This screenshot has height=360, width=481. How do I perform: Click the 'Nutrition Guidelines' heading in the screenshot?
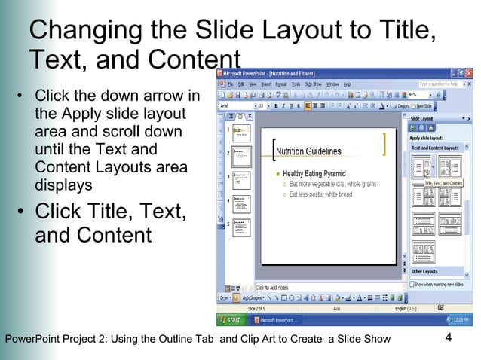308,151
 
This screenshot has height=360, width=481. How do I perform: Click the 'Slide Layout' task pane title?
423,118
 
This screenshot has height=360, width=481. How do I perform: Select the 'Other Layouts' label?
424,271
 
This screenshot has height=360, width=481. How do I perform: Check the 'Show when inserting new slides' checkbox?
413,284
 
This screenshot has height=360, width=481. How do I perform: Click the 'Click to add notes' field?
271,288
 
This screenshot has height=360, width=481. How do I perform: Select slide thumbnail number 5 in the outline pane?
241,227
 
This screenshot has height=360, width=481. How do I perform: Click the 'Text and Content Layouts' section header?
435,148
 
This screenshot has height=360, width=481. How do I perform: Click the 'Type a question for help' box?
438,84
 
